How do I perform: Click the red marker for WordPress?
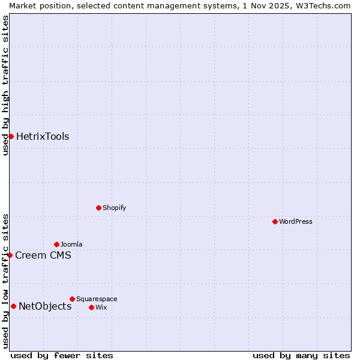pyautogui.click(x=275, y=221)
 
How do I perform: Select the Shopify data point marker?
pyautogui.click(x=98, y=208)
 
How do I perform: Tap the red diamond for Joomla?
pyautogui.click(x=56, y=244)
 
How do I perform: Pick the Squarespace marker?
pyautogui.click(x=72, y=299)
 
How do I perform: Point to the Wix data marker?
pyautogui.click(x=91, y=307)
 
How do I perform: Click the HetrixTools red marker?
pyautogui.click(x=11, y=136)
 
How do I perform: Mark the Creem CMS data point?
pyautogui.click(x=10, y=255)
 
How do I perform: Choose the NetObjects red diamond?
pyautogui.click(x=13, y=306)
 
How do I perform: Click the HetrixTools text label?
pyautogui.click(x=43, y=136)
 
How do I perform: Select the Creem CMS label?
pyautogui.click(x=43, y=255)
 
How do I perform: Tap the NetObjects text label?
pyautogui.click(x=45, y=306)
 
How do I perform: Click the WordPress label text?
pyautogui.click(x=296, y=221)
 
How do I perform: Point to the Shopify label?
pyautogui.click(x=115, y=208)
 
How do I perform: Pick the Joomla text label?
pyautogui.click(x=71, y=244)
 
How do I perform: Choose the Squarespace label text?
pyautogui.click(x=97, y=299)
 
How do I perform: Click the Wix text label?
pyautogui.click(x=101, y=307)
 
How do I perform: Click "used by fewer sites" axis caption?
pyautogui.click(x=62, y=355)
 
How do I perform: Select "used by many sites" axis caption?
pyautogui.click(x=301, y=355)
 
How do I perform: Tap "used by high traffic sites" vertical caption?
pyautogui.click(x=5, y=86)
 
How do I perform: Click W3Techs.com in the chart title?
pyautogui.click(x=322, y=5)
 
